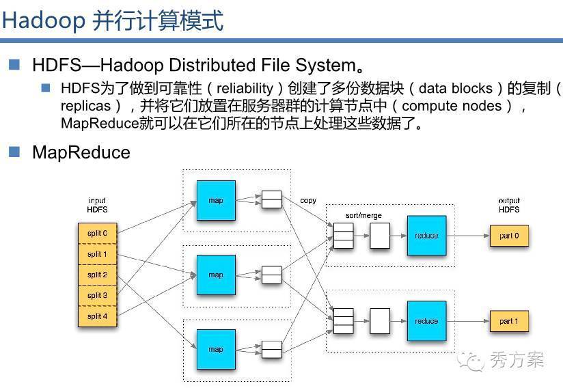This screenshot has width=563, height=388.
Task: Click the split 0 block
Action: coord(97,234)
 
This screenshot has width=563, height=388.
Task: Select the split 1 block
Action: coord(97,254)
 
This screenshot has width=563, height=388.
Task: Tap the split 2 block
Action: coord(97,275)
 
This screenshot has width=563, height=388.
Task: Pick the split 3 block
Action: coord(97,295)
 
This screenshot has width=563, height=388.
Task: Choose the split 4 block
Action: coord(97,316)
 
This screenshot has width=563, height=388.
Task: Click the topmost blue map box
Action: coord(216,200)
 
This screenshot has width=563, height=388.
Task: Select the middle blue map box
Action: coord(216,275)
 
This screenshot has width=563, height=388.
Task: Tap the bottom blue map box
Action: coord(216,349)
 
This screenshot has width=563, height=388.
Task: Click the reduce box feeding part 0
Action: coord(426,236)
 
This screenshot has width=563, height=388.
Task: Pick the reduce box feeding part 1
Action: coord(426,321)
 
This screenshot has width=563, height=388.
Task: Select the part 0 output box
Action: coord(509,236)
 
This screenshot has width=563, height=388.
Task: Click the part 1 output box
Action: coord(509,321)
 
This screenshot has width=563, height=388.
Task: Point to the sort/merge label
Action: coord(363,215)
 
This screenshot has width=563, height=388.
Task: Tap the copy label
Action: coord(308,200)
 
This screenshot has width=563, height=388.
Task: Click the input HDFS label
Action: coord(97,205)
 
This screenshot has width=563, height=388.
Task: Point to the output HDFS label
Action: coord(509,205)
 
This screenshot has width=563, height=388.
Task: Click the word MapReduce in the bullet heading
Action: coord(81,152)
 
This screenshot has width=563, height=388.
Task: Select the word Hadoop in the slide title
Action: coord(44,20)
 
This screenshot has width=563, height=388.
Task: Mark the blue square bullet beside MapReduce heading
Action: coord(14,152)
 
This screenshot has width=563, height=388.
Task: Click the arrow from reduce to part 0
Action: coord(468,236)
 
